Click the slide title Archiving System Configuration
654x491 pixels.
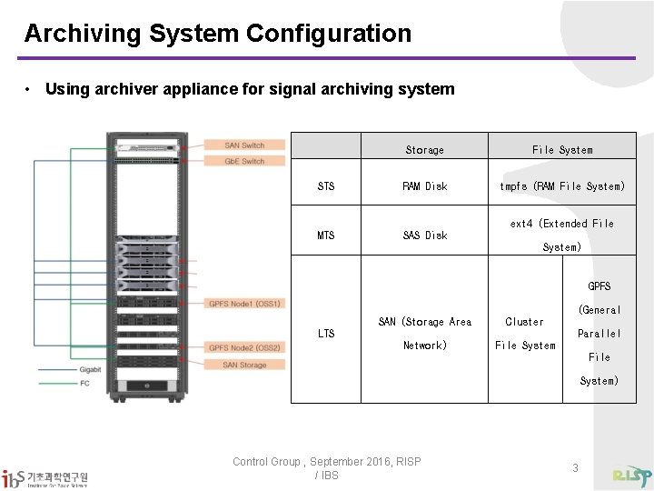[x=217, y=34]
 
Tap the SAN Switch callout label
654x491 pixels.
[x=245, y=145]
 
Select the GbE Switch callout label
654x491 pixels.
[x=245, y=161]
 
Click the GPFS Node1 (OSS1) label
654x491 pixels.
[x=245, y=304]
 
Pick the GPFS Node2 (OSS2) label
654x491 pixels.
[x=245, y=347]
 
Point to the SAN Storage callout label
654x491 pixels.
[x=245, y=365]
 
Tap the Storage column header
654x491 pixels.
[x=424, y=150]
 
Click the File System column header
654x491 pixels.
[x=562, y=150]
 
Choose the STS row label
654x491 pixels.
[x=326, y=186]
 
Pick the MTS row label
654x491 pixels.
[x=326, y=235]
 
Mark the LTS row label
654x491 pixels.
[x=326, y=334]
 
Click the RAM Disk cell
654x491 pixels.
[x=424, y=186]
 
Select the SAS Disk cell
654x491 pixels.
[x=424, y=235]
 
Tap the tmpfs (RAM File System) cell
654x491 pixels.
[x=562, y=186]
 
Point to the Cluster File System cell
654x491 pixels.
[x=525, y=334]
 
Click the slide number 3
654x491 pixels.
[x=575, y=467]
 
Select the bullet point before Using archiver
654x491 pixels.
[x=30, y=89]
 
